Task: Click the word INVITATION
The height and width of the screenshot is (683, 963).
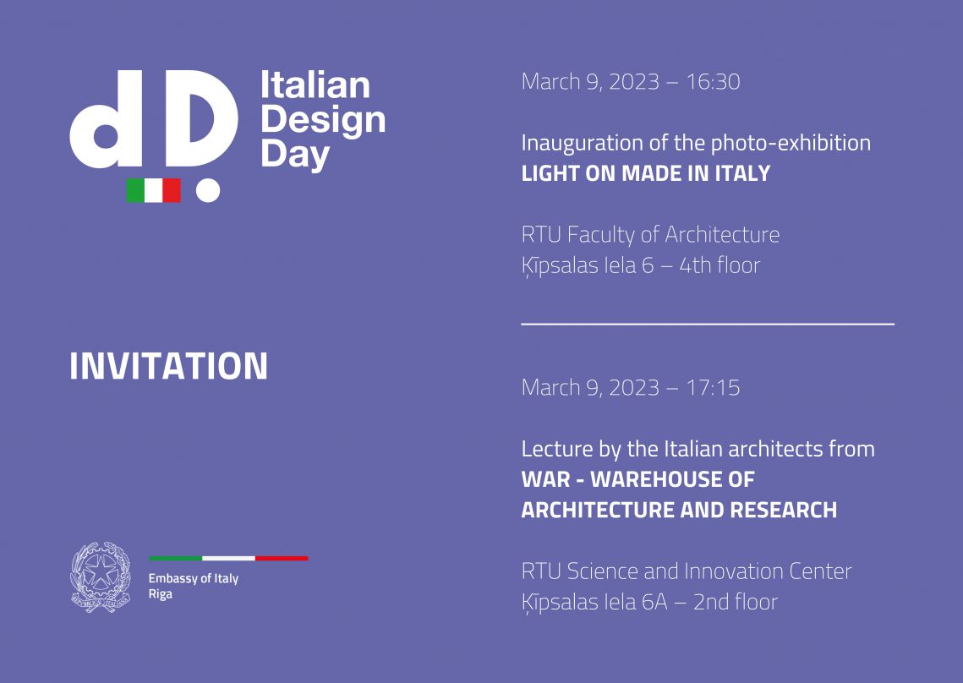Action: pyautogui.click(x=169, y=366)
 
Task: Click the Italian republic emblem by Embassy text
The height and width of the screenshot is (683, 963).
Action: pyautogui.click(x=101, y=577)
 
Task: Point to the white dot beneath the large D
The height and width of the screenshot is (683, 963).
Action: pyautogui.click(x=208, y=190)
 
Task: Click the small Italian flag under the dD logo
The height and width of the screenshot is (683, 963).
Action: pyautogui.click(x=154, y=190)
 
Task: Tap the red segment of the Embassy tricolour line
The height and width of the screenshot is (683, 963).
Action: pyautogui.click(x=282, y=558)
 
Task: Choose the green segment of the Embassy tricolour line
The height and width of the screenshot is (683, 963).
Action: pyautogui.click(x=176, y=558)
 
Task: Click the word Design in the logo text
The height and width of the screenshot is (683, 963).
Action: pyautogui.click(x=323, y=120)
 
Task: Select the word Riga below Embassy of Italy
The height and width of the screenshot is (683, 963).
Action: pyautogui.click(x=161, y=594)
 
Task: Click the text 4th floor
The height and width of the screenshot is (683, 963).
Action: pyautogui.click(x=720, y=265)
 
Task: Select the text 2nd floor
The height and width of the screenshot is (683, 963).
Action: pyautogui.click(x=736, y=602)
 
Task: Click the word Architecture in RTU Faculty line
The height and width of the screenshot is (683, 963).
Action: pyautogui.click(x=722, y=235)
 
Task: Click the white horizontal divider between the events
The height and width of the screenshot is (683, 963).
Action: pyautogui.click(x=708, y=324)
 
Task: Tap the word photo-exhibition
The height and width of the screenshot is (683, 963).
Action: pyautogui.click(x=791, y=144)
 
